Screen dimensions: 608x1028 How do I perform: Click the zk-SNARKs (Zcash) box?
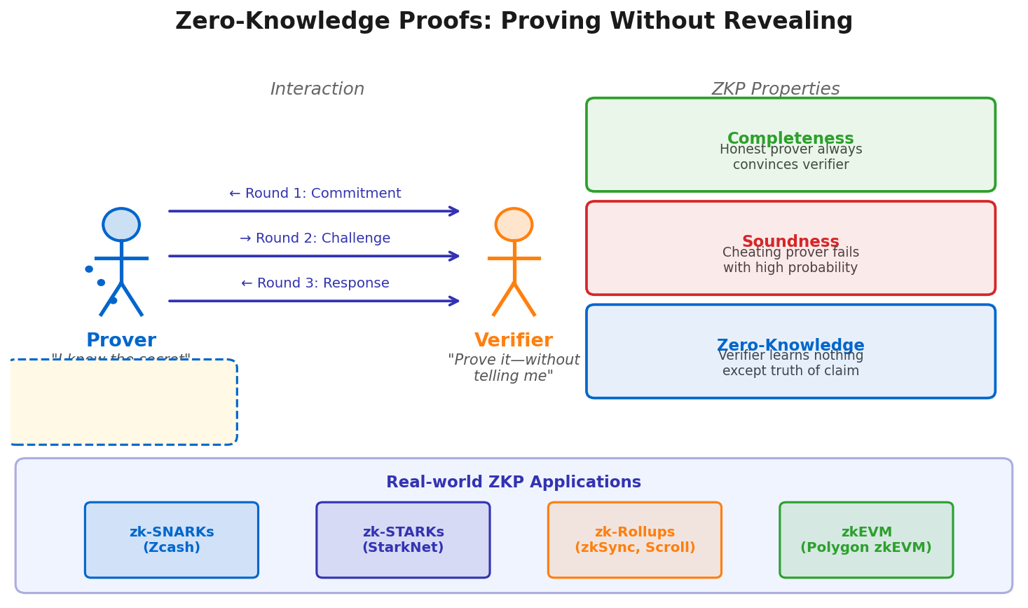pos(172,540)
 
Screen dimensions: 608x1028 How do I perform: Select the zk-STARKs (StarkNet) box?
pos(403,540)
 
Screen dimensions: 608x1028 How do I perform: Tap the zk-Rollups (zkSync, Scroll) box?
pos(635,540)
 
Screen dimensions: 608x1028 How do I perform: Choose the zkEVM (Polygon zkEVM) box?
pos(866,540)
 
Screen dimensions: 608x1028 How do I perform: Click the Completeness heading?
pos(790,138)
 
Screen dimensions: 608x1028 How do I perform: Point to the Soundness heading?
pos(790,241)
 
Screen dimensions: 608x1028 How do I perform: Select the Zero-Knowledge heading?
pos(790,345)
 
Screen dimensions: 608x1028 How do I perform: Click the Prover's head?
pos(121,224)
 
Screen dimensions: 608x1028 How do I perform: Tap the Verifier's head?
pos(514,224)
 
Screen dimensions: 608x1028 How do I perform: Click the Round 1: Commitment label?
pos(315,194)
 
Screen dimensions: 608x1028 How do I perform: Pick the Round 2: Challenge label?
pos(315,238)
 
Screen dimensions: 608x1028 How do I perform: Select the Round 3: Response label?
pos(315,283)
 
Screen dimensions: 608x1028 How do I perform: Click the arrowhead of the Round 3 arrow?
pos(455,301)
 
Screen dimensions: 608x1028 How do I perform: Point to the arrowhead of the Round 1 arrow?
pos(455,211)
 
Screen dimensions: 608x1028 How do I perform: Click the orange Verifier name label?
pos(514,341)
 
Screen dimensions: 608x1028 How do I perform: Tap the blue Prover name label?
pos(121,341)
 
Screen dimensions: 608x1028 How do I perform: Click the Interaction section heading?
pos(317,90)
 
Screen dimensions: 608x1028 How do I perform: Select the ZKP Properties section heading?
pos(776,90)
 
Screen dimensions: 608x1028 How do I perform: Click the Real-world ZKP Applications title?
pos(514,482)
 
